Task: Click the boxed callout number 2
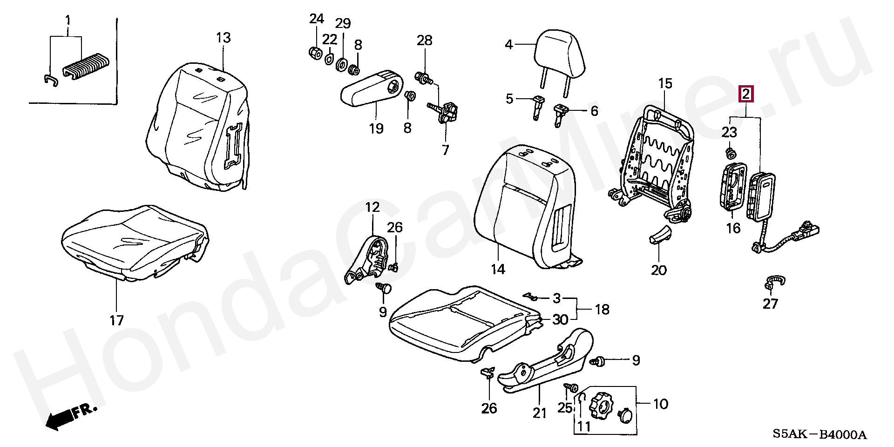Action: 745,94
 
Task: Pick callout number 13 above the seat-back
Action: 223,38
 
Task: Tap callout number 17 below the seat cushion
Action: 116,320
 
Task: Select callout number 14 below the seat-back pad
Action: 498,269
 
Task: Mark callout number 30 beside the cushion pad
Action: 560,319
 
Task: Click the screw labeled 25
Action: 571,387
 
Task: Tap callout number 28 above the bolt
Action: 424,40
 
